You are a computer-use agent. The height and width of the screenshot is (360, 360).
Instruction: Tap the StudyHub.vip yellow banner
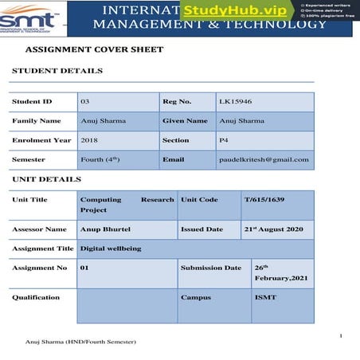click(236, 10)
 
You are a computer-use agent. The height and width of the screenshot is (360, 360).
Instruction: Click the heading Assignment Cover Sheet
click(94, 49)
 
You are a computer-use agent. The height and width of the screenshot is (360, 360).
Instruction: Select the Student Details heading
click(57, 71)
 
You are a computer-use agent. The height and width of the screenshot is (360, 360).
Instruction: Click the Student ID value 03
click(85, 102)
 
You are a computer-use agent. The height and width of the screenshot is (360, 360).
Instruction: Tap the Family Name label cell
click(37, 121)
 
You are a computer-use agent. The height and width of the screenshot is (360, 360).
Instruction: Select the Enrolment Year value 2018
click(89, 140)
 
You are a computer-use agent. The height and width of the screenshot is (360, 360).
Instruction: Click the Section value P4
click(225, 140)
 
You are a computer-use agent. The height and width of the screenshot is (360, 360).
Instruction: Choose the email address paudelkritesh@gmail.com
click(264, 159)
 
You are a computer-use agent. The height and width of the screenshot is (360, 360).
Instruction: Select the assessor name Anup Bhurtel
click(106, 229)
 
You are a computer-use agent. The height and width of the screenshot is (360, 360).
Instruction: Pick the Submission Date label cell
click(210, 268)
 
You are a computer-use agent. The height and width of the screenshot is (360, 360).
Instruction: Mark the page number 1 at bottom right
click(340, 335)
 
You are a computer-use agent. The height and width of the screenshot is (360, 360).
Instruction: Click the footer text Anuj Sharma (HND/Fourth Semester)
click(81, 342)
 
